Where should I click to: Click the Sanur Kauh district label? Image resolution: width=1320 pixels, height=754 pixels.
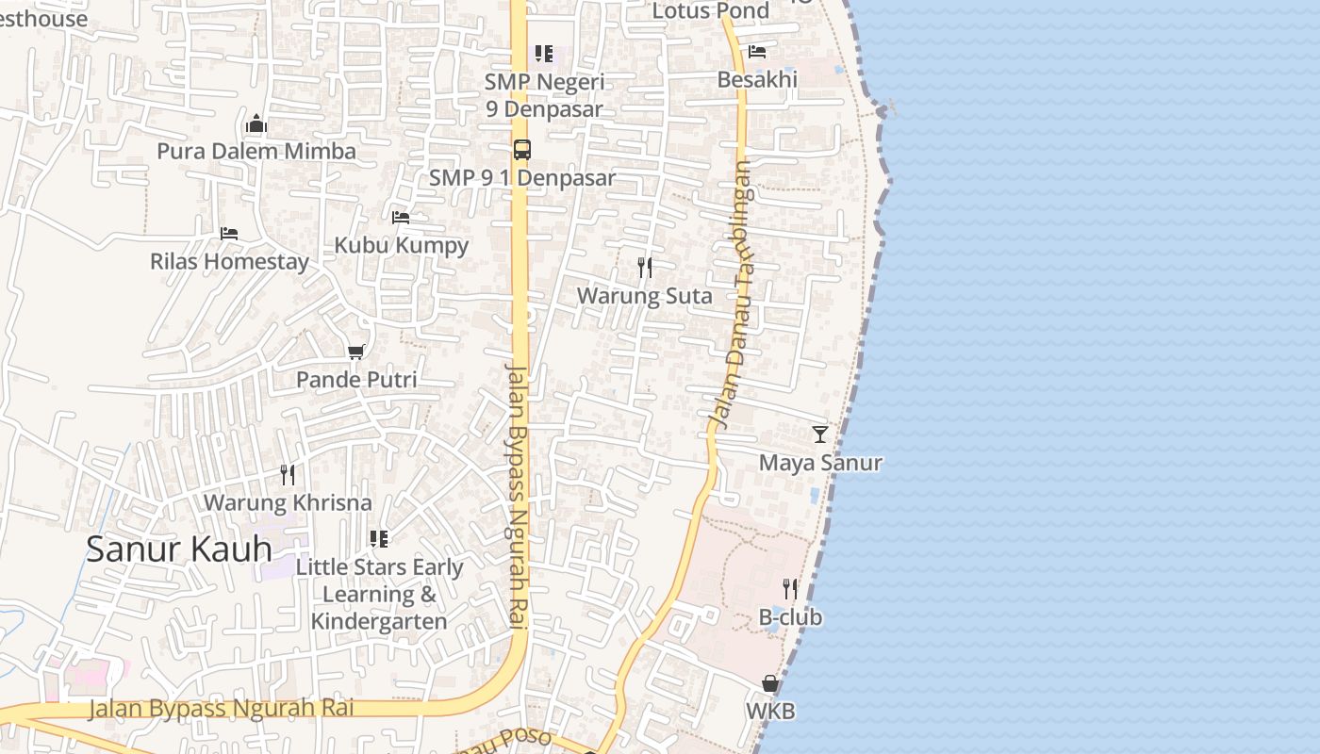pos(179,549)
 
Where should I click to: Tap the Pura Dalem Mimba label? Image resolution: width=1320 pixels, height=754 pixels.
pos(256,151)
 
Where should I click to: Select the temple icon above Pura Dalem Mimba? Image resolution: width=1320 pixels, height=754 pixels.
pos(256,124)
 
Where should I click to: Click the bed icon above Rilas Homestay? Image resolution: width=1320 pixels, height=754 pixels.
pos(229,234)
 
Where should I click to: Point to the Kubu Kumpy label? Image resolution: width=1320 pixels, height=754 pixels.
pos(402,245)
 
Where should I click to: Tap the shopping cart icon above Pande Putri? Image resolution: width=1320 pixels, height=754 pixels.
pos(356,352)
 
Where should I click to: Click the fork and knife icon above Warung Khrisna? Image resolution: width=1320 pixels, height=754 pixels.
pos(288,475)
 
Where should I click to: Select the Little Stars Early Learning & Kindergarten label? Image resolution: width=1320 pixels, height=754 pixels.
pos(379,594)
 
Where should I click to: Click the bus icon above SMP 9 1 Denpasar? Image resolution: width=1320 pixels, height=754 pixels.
pos(522,150)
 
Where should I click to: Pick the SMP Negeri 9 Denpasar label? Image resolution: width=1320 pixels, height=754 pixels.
pos(545,94)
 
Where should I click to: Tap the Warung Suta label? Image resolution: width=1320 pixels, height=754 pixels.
pos(645,295)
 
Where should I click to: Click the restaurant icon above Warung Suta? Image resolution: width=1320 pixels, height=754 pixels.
pos(645,268)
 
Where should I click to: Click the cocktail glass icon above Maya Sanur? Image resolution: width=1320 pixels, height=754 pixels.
pos(820,434)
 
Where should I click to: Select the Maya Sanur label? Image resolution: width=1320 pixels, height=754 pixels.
pos(820,463)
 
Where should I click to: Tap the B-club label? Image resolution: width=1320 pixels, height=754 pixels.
pos(790,617)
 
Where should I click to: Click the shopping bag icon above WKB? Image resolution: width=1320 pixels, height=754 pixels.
pos(770,683)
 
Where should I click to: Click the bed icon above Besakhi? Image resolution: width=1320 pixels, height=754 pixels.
pos(757,52)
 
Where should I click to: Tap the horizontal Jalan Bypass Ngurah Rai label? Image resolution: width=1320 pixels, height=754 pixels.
pos(222,708)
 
